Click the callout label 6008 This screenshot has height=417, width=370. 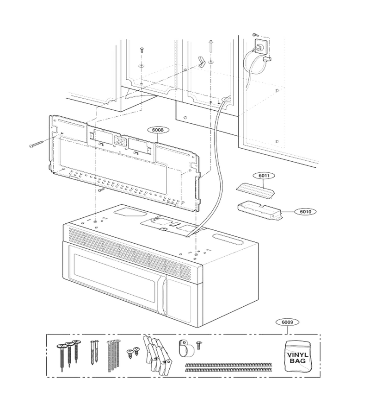pos(159,130)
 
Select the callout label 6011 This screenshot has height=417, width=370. pos(264,176)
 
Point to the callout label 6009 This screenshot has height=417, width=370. pos(287,322)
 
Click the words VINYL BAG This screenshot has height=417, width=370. pos(298,358)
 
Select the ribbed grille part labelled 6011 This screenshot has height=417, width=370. pos(255,190)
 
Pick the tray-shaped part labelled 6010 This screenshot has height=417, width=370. pos(260,211)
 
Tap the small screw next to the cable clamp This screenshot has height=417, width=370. pos(199,346)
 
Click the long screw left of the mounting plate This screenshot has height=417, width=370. pos(37,143)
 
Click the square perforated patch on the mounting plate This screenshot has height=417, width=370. pos(121,140)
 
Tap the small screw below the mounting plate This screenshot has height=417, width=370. pos(101,190)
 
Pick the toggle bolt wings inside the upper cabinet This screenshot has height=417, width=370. pos(201,62)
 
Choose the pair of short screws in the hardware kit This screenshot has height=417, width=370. pos(133,352)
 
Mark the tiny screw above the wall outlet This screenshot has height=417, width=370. pos(255,34)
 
